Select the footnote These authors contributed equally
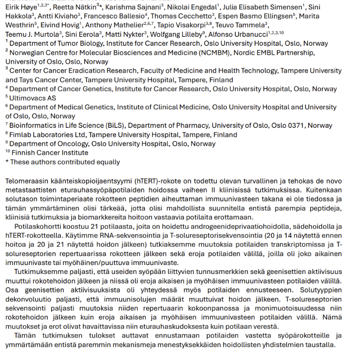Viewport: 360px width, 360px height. [65, 162]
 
